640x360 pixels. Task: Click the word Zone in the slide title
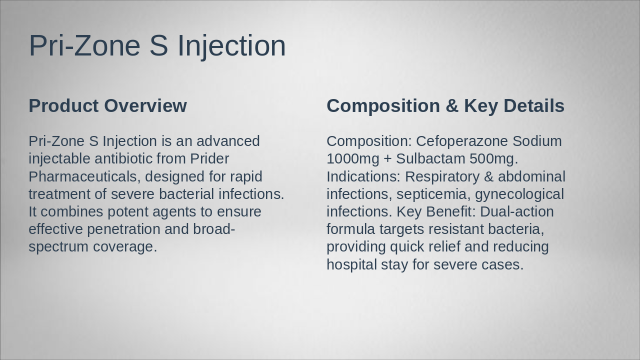pos(107,45)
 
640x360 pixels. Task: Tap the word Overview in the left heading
pos(145,105)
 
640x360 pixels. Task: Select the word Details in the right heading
pos(533,105)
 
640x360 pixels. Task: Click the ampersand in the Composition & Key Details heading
pos(451,105)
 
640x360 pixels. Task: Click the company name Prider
pos(209,158)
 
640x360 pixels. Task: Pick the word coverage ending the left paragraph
pos(125,247)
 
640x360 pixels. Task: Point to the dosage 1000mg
pos(353,158)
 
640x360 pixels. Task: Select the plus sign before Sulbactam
pos(387,159)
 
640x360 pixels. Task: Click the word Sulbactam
pos(430,158)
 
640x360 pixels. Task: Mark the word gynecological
pos(519,194)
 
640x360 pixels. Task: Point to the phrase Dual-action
pos(517,211)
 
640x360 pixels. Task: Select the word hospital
pos(351,264)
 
